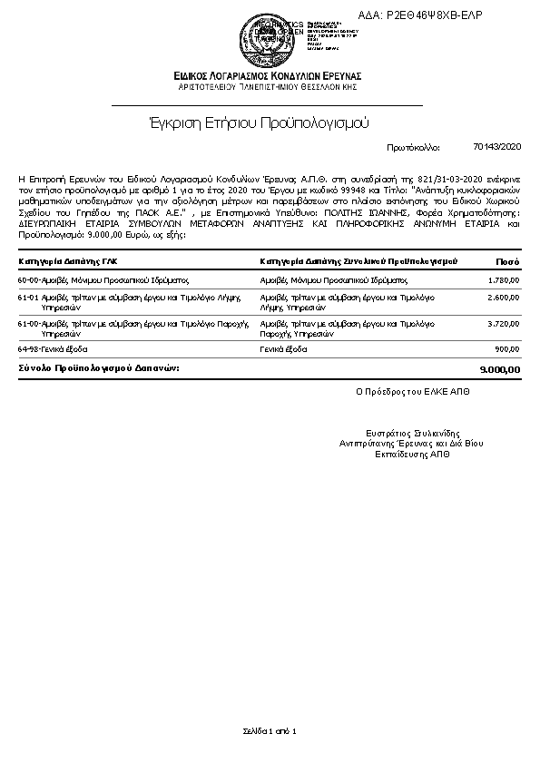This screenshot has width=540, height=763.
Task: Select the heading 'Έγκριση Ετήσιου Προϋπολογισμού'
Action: [259, 122]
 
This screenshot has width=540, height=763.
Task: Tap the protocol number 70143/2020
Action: [497, 146]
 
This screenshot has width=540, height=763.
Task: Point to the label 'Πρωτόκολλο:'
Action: [413, 146]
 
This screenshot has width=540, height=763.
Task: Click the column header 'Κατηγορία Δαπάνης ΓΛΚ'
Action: [68, 260]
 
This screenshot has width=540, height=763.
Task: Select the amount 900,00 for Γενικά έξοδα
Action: [507, 348]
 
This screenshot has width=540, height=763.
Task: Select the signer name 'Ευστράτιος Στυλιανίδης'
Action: [413, 435]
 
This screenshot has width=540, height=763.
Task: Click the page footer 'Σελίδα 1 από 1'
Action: [270, 730]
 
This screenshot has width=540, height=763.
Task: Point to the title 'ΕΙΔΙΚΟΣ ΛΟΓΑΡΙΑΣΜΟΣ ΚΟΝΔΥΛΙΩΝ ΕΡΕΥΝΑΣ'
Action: [269, 75]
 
